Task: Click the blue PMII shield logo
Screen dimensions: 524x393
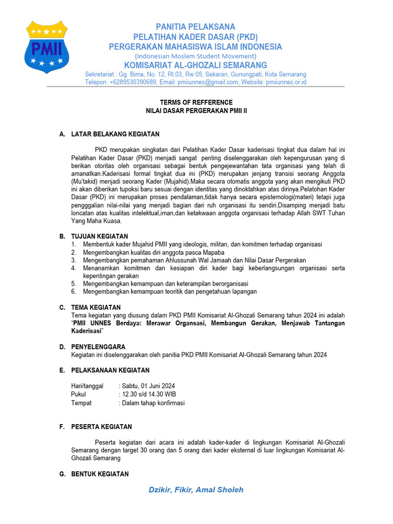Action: coord(47,47)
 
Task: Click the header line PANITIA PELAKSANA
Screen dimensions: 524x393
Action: coord(195,27)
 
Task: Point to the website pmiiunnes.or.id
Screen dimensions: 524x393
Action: coord(281,82)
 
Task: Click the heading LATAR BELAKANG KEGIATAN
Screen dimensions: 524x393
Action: coord(115,134)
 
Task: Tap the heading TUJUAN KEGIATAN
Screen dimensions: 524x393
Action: coord(99,236)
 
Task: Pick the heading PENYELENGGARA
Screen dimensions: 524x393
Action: coord(98,346)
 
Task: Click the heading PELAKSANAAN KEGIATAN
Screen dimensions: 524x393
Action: coord(110,370)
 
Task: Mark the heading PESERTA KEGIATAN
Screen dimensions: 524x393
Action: coord(101,426)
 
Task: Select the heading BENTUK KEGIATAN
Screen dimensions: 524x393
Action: coord(100,474)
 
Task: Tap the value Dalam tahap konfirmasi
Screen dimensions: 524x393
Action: coord(152,403)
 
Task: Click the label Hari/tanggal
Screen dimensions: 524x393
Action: coord(87,386)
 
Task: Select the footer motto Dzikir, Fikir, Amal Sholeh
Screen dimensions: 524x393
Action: coord(196,490)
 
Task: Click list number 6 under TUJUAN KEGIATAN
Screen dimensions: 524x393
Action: coord(74,291)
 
